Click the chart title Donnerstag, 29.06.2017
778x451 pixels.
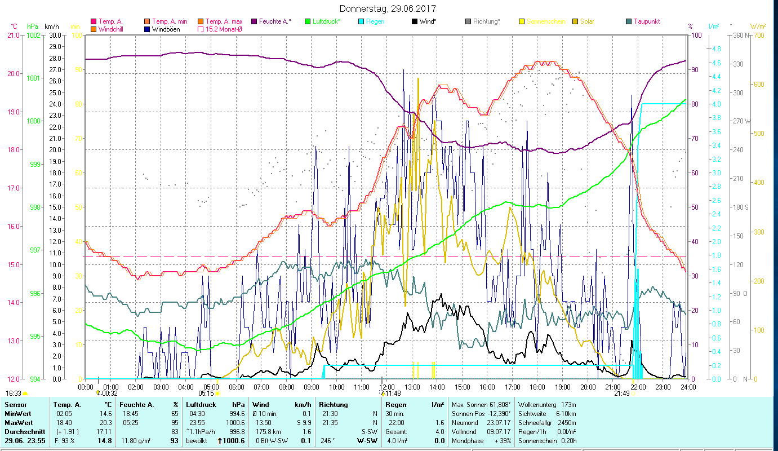pyautogui.click(x=388, y=9)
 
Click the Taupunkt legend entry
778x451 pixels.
pyautogui.click(x=646, y=21)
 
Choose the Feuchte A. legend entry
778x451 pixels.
pyautogui.click(x=274, y=21)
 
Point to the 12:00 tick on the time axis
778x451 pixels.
pyautogui.click(x=386, y=387)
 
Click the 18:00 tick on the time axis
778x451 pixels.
pyautogui.click(x=537, y=387)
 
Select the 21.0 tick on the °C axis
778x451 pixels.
pyautogui.click(x=12, y=35)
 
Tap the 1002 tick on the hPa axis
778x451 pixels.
pyautogui.click(x=33, y=35)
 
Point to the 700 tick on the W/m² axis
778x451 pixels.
pyautogui.click(x=758, y=36)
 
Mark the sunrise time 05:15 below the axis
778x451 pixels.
pyautogui.click(x=206, y=393)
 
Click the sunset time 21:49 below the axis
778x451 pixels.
pyautogui.click(x=622, y=393)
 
